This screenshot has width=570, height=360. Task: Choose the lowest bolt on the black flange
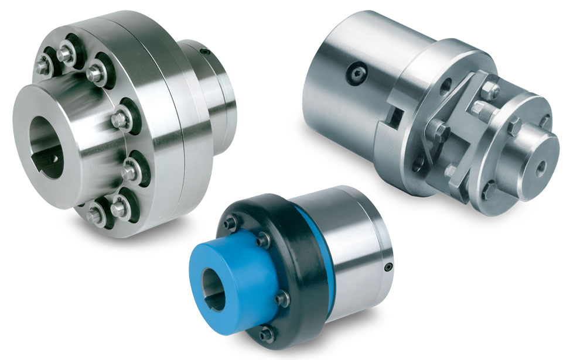(268, 334)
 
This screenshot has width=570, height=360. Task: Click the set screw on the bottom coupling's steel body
(387, 268)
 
